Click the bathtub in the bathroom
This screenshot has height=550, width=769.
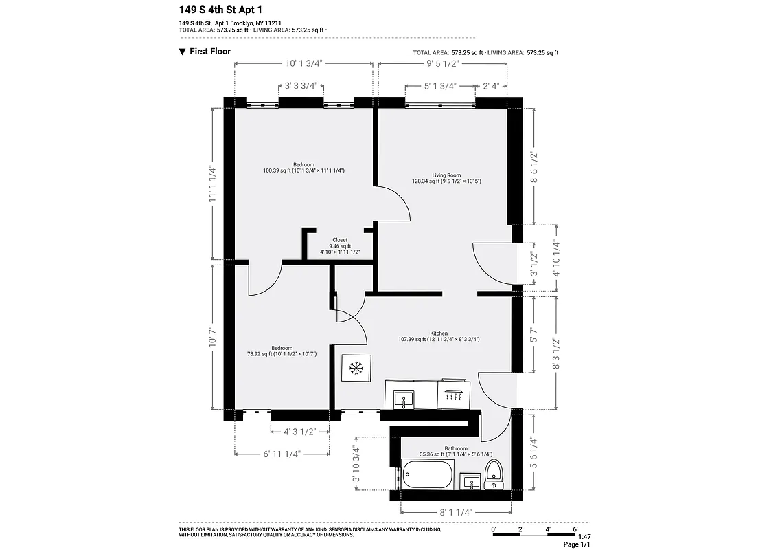pyautogui.click(x=428, y=474)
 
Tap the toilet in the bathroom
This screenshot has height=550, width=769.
pyautogui.click(x=494, y=475)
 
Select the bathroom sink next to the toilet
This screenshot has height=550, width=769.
pyautogui.click(x=470, y=481)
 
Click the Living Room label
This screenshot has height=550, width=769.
pyautogui.click(x=446, y=175)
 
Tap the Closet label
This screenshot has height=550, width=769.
pyautogui.click(x=340, y=240)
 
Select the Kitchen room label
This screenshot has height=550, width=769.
pyautogui.click(x=439, y=332)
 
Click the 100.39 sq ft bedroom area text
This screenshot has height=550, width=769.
pyautogui.click(x=303, y=170)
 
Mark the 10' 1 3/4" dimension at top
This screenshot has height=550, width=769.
pyautogui.click(x=303, y=63)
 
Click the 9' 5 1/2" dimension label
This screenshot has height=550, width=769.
pyautogui.click(x=442, y=63)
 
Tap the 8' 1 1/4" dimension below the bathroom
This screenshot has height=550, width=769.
pyautogui.click(x=456, y=511)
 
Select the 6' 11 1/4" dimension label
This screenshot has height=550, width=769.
pyautogui.click(x=282, y=453)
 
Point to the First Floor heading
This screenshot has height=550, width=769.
pyautogui.click(x=210, y=52)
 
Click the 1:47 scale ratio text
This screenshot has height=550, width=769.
pyautogui.click(x=584, y=536)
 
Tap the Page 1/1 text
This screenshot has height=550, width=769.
pyautogui.click(x=577, y=544)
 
